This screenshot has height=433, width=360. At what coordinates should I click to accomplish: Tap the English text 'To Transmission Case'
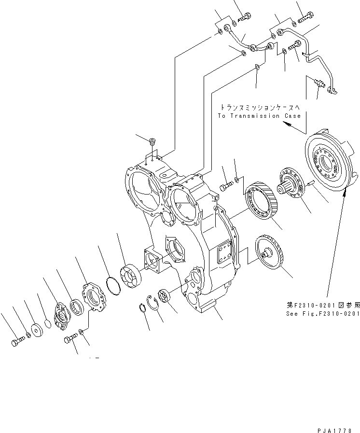[x=259, y=116]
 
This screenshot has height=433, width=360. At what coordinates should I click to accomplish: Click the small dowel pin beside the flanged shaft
[x=309, y=182]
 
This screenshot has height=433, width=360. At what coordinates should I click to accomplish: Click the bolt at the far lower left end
[x=16, y=343]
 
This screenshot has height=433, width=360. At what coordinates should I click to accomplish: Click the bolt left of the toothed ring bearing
[x=225, y=186]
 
